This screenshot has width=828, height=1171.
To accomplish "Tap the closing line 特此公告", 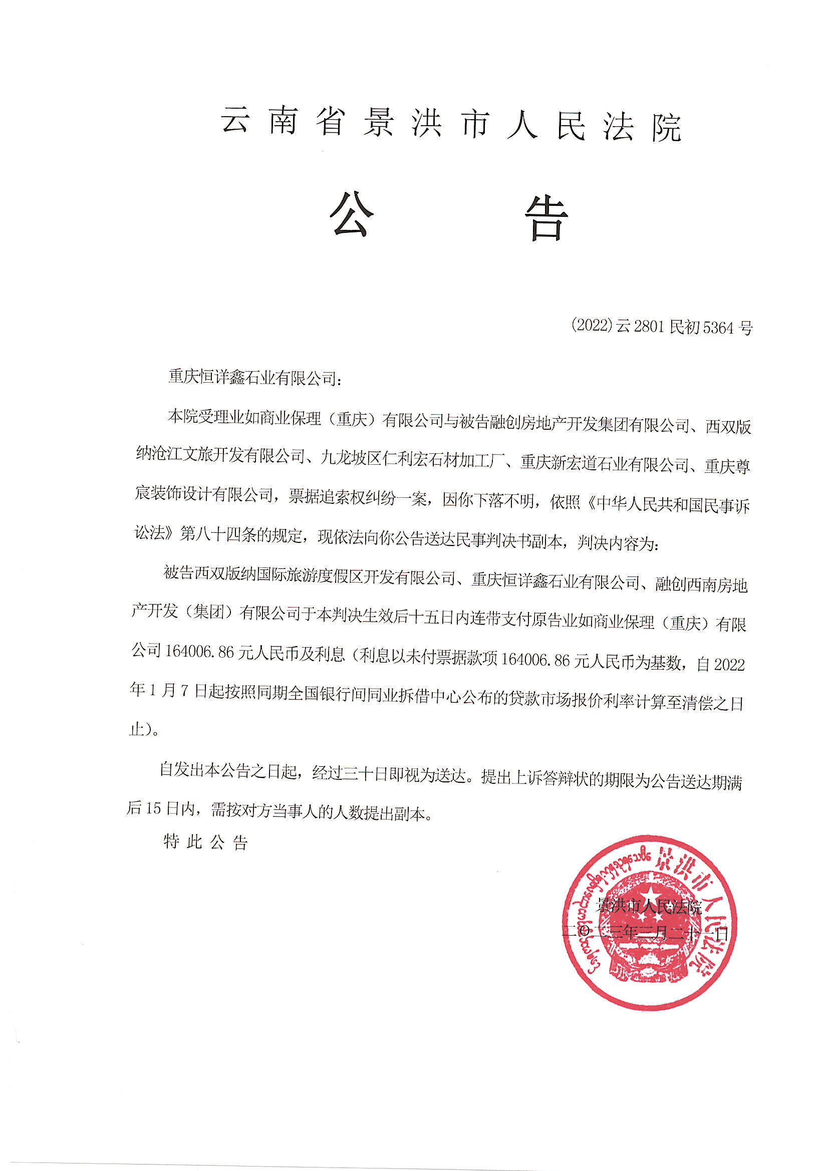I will pyautogui.click(x=205, y=841).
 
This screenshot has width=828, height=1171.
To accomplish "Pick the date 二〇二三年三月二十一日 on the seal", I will pyautogui.click(x=645, y=935).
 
